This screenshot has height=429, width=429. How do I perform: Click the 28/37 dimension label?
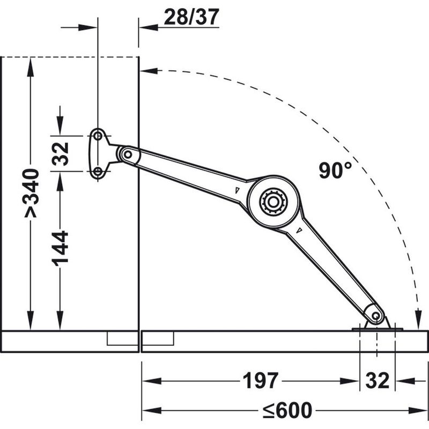click(x=191, y=17)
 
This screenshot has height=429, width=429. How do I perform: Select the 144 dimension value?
click(x=60, y=248)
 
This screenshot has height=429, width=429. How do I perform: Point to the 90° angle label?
click(x=335, y=170)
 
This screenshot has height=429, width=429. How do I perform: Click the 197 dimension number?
click(x=261, y=381)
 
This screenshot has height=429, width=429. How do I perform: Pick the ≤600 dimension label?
click(x=287, y=410)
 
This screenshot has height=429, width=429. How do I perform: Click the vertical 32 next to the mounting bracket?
click(x=60, y=153)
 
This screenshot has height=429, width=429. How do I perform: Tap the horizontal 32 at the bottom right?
click(x=378, y=381)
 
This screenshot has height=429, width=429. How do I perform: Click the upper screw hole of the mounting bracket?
click(x=98, y=136)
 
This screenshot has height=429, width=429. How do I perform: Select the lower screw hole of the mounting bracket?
click(x=98, y=172)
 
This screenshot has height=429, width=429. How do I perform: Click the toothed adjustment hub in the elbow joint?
click(x=273, y=202)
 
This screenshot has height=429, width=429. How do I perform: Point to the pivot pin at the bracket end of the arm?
click(x=128, y=154)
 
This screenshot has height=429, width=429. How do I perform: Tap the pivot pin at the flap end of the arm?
click(x=376, y=316)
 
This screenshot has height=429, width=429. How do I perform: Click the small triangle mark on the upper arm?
click(x=237, y=190)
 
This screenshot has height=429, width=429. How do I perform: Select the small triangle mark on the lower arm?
click(x=300, y=230)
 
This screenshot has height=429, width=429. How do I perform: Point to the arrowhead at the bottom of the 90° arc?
click(x=418, y=320)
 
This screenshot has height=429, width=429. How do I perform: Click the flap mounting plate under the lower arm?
click(x=377, y=329)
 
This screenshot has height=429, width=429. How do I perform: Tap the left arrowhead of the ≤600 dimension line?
click(x=151, y=410)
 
